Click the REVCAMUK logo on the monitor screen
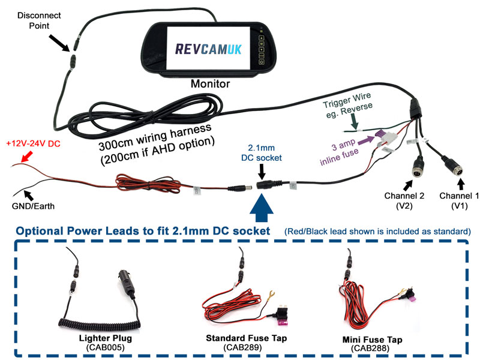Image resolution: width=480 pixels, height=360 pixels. pos(209,48)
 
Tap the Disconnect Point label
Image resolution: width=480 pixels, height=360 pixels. pos(35,20)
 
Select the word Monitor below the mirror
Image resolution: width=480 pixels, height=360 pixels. pos(210,84)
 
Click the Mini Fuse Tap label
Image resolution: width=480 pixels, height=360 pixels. pos(370,340)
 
